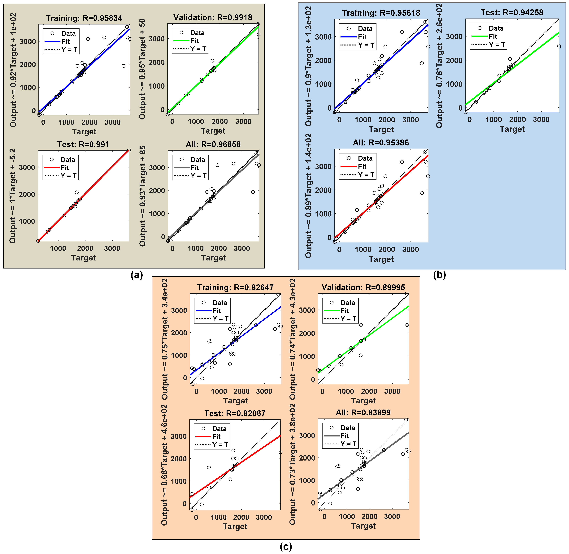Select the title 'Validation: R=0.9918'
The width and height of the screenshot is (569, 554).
[x=213, y=17]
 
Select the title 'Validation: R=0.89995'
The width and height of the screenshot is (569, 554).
[x=363, y=287]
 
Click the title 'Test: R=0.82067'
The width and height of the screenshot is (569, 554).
[x=235, y=414]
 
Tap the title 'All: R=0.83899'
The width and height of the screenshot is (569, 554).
[x=363, y=413]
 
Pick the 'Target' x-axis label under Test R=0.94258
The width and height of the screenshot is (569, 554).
[x=512, y=129]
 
